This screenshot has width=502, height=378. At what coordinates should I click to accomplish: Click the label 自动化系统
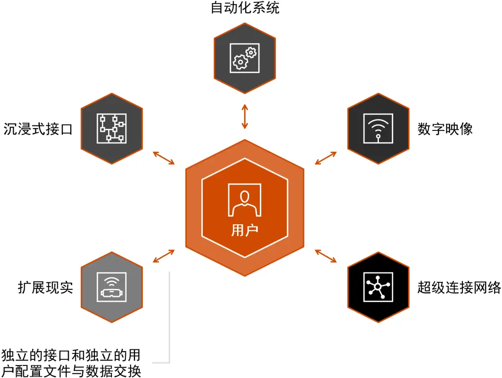click(245, 8)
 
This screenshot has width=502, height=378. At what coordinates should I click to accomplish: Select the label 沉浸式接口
click(38, 129)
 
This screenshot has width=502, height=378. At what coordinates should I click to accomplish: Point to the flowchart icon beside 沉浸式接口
click(112, 128)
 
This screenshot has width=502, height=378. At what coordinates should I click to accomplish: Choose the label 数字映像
click(445, 129)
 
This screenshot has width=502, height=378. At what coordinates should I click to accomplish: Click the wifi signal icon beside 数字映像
click(378, 128)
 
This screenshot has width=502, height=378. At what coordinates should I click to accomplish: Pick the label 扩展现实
click(46, 287)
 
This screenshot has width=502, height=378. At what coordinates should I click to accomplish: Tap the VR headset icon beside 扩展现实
click(112, 287)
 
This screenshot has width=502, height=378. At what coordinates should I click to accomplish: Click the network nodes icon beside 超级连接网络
click(378, 287)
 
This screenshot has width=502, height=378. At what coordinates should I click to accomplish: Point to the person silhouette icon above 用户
click(244, 201)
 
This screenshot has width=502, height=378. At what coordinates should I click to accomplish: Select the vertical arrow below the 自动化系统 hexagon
click(244, 117)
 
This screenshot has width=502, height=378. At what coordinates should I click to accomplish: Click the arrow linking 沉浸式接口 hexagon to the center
click(164, 158)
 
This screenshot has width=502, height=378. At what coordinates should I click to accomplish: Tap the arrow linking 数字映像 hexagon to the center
click(326, 158)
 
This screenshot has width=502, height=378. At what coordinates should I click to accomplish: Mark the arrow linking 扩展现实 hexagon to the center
click(164, 255)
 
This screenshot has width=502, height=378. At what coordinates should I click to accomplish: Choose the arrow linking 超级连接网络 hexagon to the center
click(326, 255)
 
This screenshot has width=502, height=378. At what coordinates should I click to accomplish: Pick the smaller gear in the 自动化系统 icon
click(251, 52)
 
